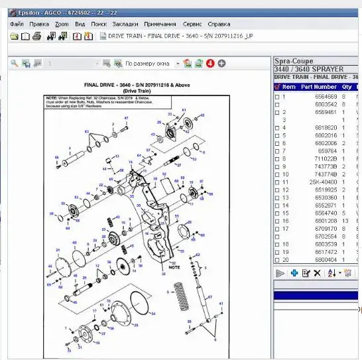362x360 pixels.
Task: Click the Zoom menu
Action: [x=62, y=24]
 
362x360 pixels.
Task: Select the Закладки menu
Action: [x=125, y=24]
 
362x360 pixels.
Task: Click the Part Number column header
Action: [x=318, y=87]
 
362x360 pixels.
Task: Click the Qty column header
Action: [x=347, y=87]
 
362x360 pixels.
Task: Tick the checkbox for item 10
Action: [x=277, y=174]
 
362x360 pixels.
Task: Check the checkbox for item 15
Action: [x=277, y=213]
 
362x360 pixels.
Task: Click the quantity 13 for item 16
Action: [x=345, y=221]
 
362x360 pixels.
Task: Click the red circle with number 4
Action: [x=210, y=64]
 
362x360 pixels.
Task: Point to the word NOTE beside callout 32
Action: [x=176, y=267]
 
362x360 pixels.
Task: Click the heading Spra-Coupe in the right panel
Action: [x=293, y=61]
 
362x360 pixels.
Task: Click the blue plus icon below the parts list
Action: [x=294, y=273]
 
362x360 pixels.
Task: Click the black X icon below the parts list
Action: [x=317, y=273]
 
